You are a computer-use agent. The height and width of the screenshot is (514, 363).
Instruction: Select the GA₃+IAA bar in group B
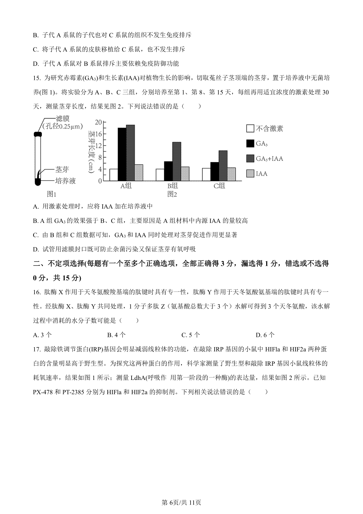click(177, 161)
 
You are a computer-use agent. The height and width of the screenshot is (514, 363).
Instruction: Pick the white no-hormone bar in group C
click(206, 174)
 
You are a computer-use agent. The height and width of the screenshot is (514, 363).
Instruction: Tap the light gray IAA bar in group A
click(139, 173)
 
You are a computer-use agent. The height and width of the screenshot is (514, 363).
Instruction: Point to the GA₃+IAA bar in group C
click(223, 166)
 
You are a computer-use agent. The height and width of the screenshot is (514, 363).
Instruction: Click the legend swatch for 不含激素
click(250, 129)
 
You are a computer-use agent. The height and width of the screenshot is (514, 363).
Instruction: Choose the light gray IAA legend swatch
click(250, 173)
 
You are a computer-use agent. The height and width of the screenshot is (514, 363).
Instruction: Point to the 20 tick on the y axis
click(99, 122)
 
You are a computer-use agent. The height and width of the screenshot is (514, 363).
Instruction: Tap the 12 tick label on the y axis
click(99, 146)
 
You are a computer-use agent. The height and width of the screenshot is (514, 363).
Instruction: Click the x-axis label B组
click(172, 186)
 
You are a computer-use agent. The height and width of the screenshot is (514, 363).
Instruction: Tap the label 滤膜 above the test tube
click(62, 118)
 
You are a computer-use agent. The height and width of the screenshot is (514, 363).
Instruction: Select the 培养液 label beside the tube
click(65, 181)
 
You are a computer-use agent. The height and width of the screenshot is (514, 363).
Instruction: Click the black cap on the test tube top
click(38, 134)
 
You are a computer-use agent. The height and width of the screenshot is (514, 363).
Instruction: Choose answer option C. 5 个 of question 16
click(191, 335)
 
